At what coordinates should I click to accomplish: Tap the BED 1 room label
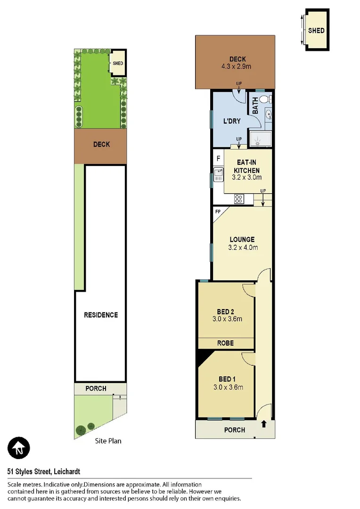225,379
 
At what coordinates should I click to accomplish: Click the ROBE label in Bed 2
226,343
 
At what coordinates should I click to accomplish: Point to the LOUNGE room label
242,239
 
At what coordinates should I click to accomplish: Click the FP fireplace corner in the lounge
218,212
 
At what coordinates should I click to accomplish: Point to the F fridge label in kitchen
218,157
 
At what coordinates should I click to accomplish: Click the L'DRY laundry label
232,121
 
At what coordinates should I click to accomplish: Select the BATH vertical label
255,105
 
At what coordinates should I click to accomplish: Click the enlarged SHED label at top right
316,31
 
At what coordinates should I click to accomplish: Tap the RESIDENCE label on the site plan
101,315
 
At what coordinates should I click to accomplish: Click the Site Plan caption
108,441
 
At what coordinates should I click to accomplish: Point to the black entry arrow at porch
263,424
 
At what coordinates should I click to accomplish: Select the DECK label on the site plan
101,144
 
